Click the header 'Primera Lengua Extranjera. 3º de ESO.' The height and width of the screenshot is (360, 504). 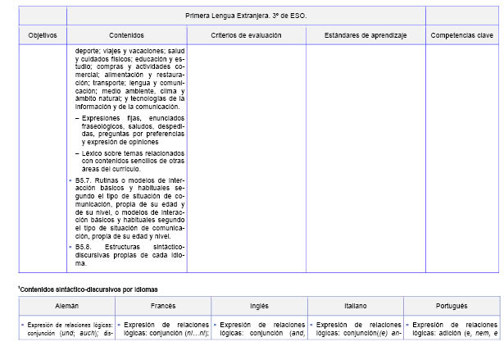point(246,15)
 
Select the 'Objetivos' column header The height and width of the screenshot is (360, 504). point(42,36)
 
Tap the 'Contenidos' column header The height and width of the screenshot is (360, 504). point(126,36)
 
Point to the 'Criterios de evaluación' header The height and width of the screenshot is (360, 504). point(246,36)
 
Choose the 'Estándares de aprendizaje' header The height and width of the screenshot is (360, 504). point(365,36)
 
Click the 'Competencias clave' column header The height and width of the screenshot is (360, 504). point(461,36)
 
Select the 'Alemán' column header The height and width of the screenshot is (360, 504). point(67,305)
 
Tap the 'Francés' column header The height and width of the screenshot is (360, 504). point(163,305)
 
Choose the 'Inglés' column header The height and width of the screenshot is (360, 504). point(259,305)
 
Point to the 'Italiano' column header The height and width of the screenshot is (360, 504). point(355,305)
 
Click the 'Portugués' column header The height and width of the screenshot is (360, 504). point(451,305)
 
